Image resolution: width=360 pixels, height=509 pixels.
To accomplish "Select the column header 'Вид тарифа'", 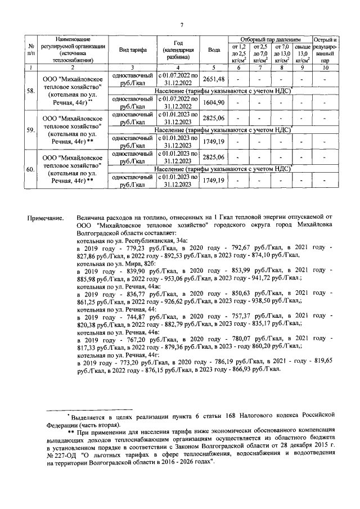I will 133,50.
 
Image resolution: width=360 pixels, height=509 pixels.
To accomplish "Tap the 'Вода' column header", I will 214,50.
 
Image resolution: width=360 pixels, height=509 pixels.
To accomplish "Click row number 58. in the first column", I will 30,91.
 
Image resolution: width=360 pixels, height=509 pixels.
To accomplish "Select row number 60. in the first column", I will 30,168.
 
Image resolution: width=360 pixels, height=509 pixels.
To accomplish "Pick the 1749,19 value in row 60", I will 214,180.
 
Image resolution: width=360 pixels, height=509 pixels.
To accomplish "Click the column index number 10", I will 325,67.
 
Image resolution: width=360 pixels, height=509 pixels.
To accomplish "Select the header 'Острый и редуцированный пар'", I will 325,50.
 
